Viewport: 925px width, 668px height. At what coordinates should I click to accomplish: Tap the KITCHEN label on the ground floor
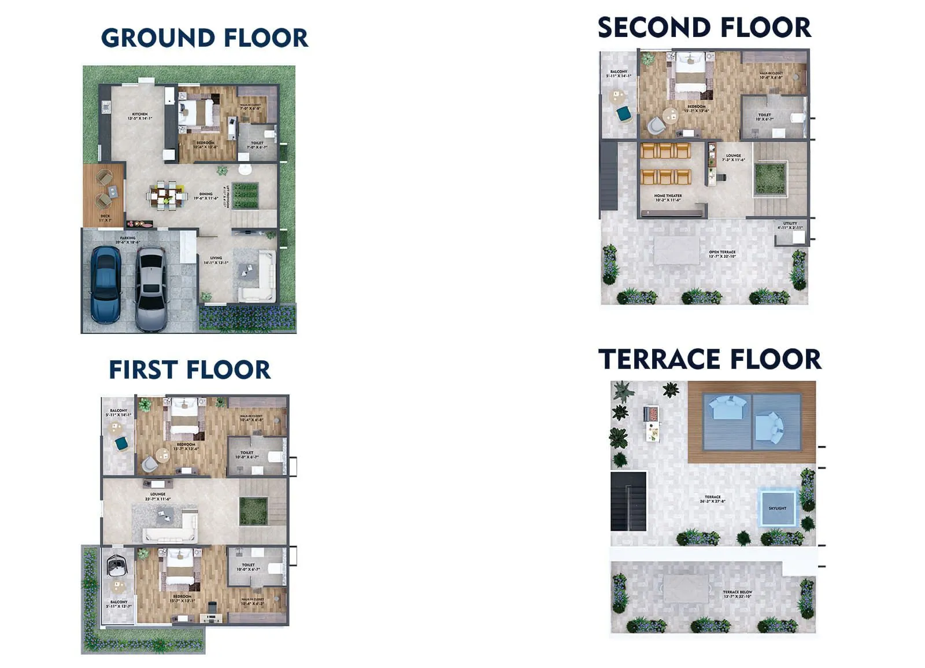[x=139, y=115]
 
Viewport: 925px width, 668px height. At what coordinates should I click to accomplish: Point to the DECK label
[x=105, y=216]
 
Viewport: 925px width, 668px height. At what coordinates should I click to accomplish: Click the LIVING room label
[x=216, y=259]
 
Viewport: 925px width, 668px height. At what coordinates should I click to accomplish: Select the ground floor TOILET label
[x=257, y=143]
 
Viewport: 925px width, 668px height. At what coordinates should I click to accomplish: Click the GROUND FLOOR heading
[x=204, y=38]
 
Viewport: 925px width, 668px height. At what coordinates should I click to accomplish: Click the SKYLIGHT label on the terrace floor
[x=777, y=508]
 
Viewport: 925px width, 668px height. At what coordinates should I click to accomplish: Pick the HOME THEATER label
[x=668, y=196]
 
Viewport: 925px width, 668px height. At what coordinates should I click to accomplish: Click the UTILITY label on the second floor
[x=790, y=224]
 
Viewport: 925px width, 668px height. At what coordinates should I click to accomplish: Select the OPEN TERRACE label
[x=722, y=253]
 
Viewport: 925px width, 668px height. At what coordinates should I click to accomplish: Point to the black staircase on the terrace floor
[x=628, y=501]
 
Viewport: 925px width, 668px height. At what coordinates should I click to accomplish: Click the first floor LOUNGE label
[x=158, y=494]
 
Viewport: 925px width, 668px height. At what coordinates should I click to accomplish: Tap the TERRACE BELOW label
[x=737, y=593]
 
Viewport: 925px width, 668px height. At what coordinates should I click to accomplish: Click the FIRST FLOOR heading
[x=190, y=370]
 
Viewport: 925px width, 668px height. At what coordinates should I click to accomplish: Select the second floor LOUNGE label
[x=733, y=156]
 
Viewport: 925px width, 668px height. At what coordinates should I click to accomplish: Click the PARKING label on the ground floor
[x=128, y=238]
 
